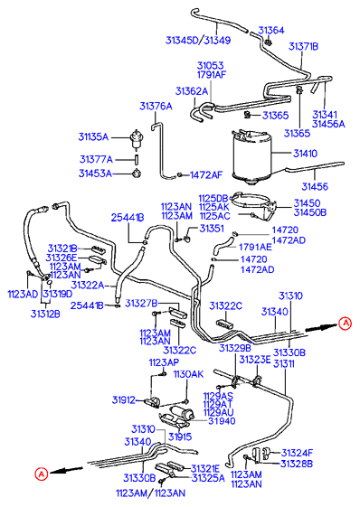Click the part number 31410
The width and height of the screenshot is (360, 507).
pyautogui.click(x=306, y=154)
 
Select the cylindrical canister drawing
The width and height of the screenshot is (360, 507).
pyautogui.click(x=252, y=157)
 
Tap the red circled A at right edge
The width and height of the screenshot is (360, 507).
pyautogui.click(x=346, y=323)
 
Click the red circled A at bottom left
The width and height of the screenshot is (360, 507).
pyautogui.click(x=42, y=474)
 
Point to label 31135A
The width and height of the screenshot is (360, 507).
pyautogui.click(x=93, y=136)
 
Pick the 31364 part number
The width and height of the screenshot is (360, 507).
pyautogui.click(x=271, y=31)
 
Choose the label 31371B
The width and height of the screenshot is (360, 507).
pyautogui.click(x=303, y=47)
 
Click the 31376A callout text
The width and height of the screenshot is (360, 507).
pyautogui.click(x=156, y=107)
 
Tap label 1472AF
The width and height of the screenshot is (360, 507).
pyautogui.click(x=206, y=175)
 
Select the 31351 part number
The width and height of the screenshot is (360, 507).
pyautogui.click(x=212, y=229)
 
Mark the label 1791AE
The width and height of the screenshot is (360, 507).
pyautogui.click(x=255, y=247)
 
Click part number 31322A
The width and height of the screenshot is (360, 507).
pyautogui.click(x=88, y=286)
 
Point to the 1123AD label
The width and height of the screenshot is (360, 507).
pyautogui.click(x=23, y=295)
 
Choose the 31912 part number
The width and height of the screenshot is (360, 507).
pyautogui.click(x=124, y=400)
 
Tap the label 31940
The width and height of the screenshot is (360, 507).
pyautogui.click(x=222, y=421)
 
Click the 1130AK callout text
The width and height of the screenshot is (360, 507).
pyautogui.click(x=188, y=374)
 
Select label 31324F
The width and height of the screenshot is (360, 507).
pyautogui.click(x=297, y=454)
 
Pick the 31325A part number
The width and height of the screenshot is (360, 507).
pyautogui.click(x=208, y=478)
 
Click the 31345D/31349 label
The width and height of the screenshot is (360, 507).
pyautogui.click(x=198, y=41)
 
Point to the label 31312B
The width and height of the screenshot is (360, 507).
pyautogui.click(x=45, y=314)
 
